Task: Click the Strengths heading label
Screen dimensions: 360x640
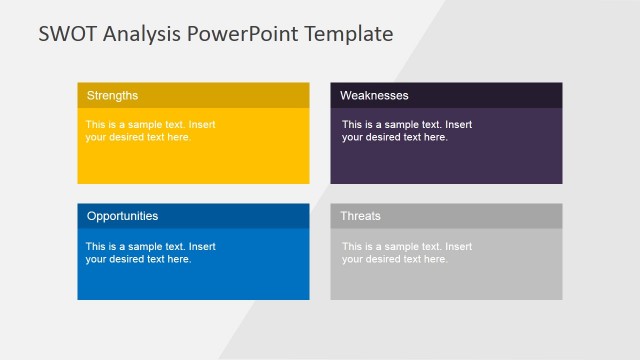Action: (112, 95)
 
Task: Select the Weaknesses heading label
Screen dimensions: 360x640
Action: (374, 95)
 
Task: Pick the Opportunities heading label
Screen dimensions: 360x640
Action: (122, 216)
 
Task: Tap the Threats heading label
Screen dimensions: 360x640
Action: (360, 216)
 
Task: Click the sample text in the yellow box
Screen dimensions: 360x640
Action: (150, 131)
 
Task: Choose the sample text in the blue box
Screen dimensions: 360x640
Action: (150, 252)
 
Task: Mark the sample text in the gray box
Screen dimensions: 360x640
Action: (406, 252)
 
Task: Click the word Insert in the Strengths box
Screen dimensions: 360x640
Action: (202, 125)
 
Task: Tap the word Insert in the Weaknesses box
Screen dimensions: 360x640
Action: (459, 125)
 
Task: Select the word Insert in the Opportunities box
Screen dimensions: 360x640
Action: (202, 246)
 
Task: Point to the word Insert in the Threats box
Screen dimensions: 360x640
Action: (459, 246)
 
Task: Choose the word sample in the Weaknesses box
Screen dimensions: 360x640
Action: (400, 125)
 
